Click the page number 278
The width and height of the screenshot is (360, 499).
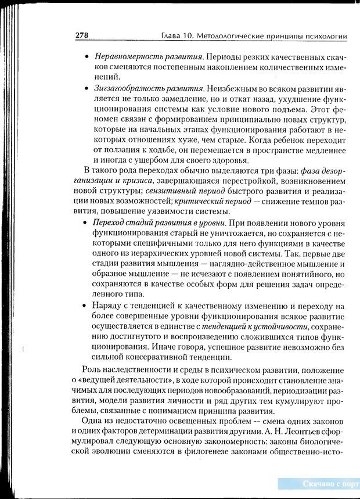[x=81, y=36]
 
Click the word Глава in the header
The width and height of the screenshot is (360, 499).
[x=172, y=37]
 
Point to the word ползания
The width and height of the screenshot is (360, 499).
[x=122, y=151]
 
